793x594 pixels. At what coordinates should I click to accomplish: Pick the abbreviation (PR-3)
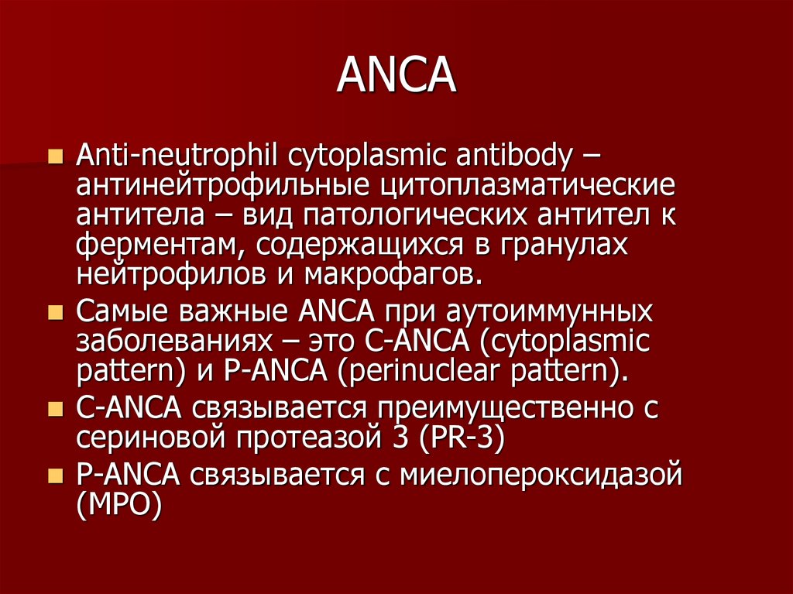[462, 436]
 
